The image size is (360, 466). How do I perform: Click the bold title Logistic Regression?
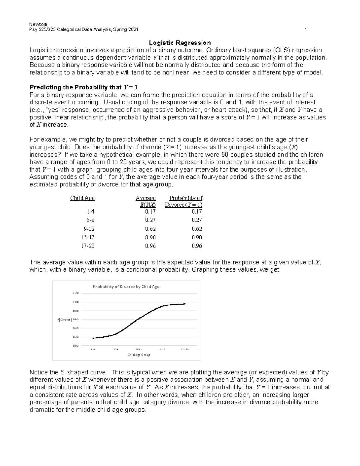click(x=180, y=43)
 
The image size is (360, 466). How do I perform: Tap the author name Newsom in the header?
click(x=36, y=24)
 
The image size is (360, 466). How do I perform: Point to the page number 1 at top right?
click(x=306, y=29)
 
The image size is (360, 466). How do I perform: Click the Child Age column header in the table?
click(x=82, y=198)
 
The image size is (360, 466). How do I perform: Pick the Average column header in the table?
click(x=146, y=198)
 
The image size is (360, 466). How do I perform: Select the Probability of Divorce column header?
click(x=184, y=201)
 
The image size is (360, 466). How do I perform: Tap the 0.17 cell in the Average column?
click(x=150, y=212)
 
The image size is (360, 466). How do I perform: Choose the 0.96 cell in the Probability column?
click(x=197, y=246)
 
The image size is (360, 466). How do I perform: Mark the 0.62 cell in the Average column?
click(x=150, y=229)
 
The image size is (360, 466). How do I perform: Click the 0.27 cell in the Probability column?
click(x=197, y=220)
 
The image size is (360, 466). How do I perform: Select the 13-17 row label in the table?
click(x=88, y=237)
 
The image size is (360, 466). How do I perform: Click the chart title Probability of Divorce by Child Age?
click(x=126, y=287)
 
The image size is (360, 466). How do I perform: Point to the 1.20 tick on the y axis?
click(x=76, y=293)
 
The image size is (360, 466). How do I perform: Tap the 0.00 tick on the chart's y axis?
click(x=76, y=346)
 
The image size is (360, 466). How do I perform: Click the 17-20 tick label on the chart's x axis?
click(x=185, y=350)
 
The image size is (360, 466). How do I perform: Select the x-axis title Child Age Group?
click(x=139, y=355)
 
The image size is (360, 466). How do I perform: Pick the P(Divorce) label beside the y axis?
click(x=64, y=320)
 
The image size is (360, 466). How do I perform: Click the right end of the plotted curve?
click(x=185, y=304)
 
